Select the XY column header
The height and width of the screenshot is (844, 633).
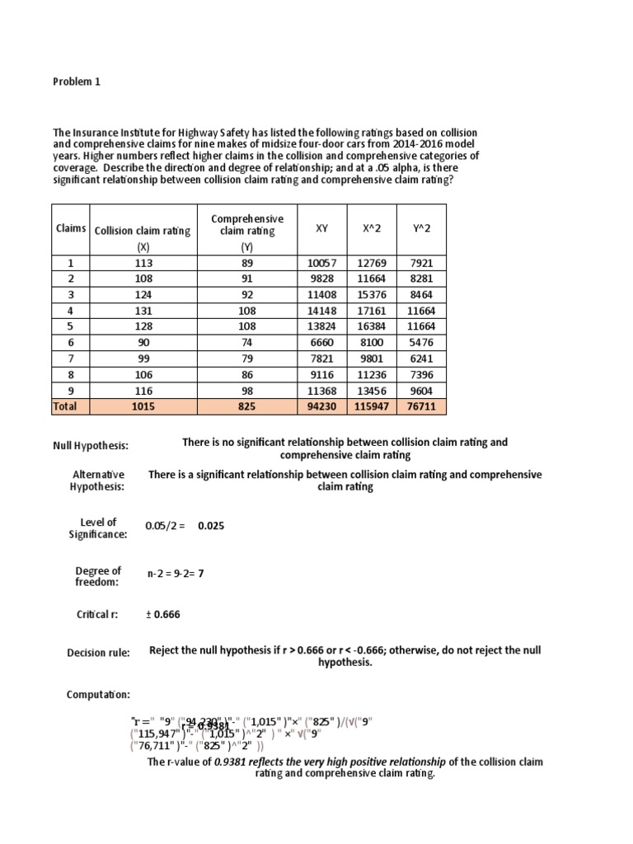click(321, 228)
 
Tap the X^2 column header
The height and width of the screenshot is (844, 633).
click(370, 228)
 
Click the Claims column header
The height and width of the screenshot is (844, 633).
click(71, 228)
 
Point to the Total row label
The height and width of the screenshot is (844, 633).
click(65, 406)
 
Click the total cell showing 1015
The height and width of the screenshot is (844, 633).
click(143, 406)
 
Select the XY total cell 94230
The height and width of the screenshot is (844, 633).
click(321, 406)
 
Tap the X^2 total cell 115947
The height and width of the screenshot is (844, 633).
click(370, 406)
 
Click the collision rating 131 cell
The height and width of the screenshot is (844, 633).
click(143, 311)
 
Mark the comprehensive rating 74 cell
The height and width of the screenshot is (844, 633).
click(247, 342)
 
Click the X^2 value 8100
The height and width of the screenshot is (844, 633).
click(370, 342)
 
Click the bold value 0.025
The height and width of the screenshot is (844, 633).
click(211, 527)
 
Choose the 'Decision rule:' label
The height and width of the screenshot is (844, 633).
click(98, 654)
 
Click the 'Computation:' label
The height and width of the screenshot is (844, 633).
click(98, 695)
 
